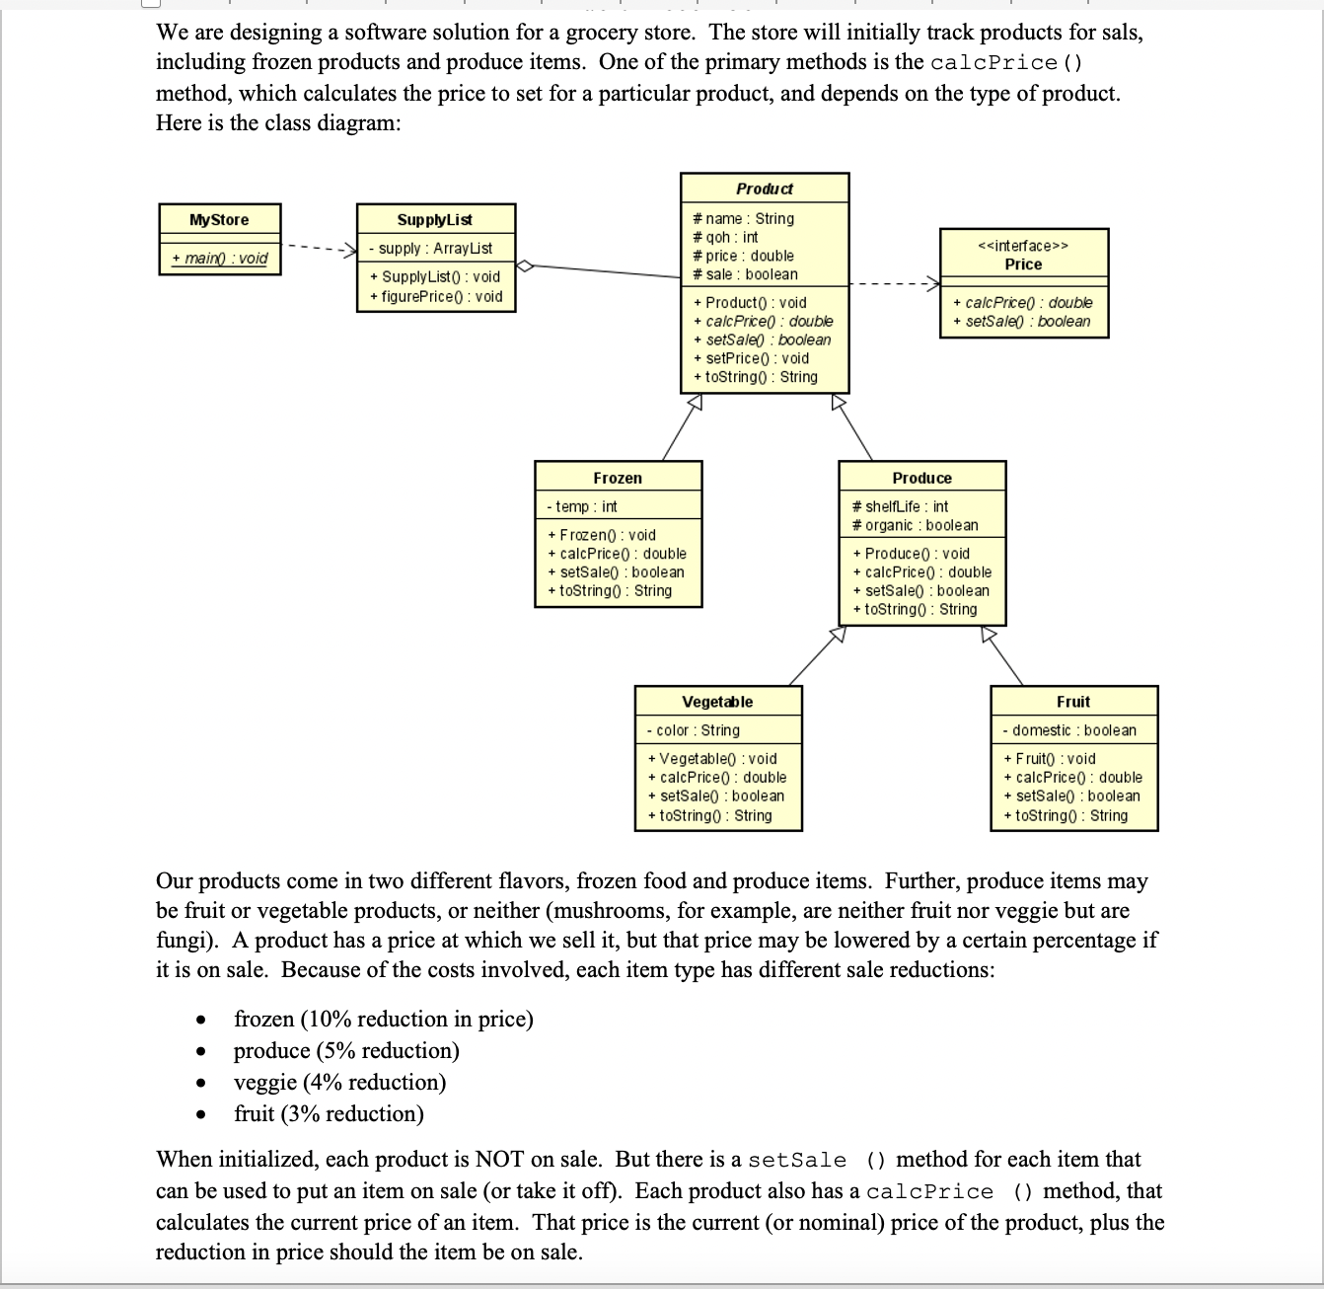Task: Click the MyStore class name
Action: (219, 220)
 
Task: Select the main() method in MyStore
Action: (219, 259)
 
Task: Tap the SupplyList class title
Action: (434, 220)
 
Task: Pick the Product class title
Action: (764, 189)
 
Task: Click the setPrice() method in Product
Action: (751, 358)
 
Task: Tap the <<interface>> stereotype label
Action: (1023, 246)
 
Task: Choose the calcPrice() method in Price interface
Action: (1022, 303)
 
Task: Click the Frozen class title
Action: (618, 478)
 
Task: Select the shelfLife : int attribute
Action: (900, 506)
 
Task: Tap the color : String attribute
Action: (693, 730)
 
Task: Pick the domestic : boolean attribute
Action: (1068, 730)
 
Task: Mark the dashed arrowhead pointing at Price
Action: (933, 284)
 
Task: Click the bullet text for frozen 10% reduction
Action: (383, 1020)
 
